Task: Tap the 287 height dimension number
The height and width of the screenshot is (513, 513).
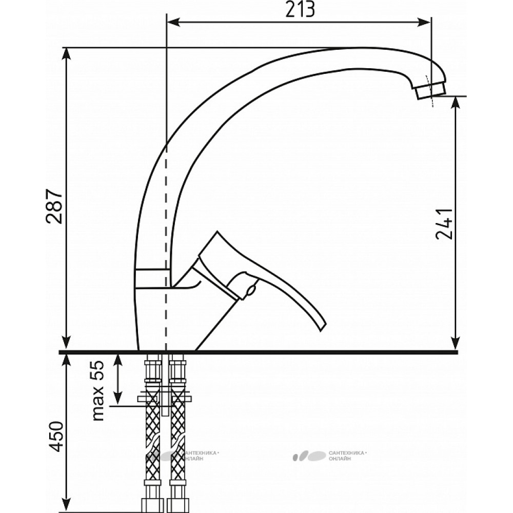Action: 54,206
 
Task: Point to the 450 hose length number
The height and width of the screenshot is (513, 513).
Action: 54,437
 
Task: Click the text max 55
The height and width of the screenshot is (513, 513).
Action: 97,390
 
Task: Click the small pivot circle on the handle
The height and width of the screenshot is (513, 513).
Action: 252,290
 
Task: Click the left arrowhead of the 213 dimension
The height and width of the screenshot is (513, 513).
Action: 173,22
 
